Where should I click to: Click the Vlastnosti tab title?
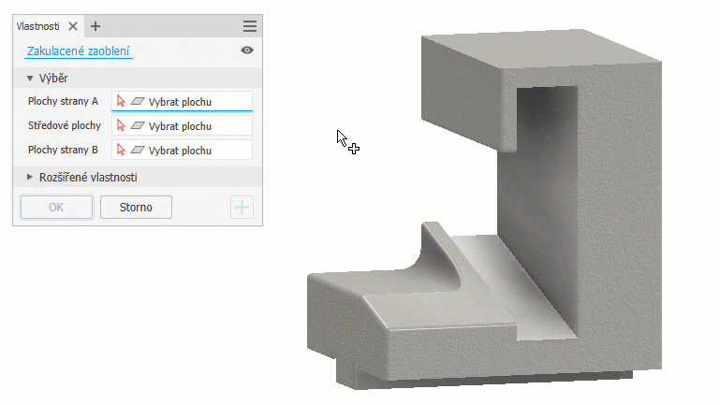tap(38, 26)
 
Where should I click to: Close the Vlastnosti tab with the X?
tap(73, 26)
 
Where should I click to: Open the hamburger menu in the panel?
tap(250, 26)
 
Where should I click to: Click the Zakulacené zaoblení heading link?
tap(78, 50)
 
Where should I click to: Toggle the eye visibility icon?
tap(247, 50)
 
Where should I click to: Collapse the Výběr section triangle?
tap(30, 79)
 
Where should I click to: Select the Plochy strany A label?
tap(63, 101)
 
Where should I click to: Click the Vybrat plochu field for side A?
tap(182, 101)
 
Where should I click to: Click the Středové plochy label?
tap(65, 125)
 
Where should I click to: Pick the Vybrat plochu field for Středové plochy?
tap(182, 125)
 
